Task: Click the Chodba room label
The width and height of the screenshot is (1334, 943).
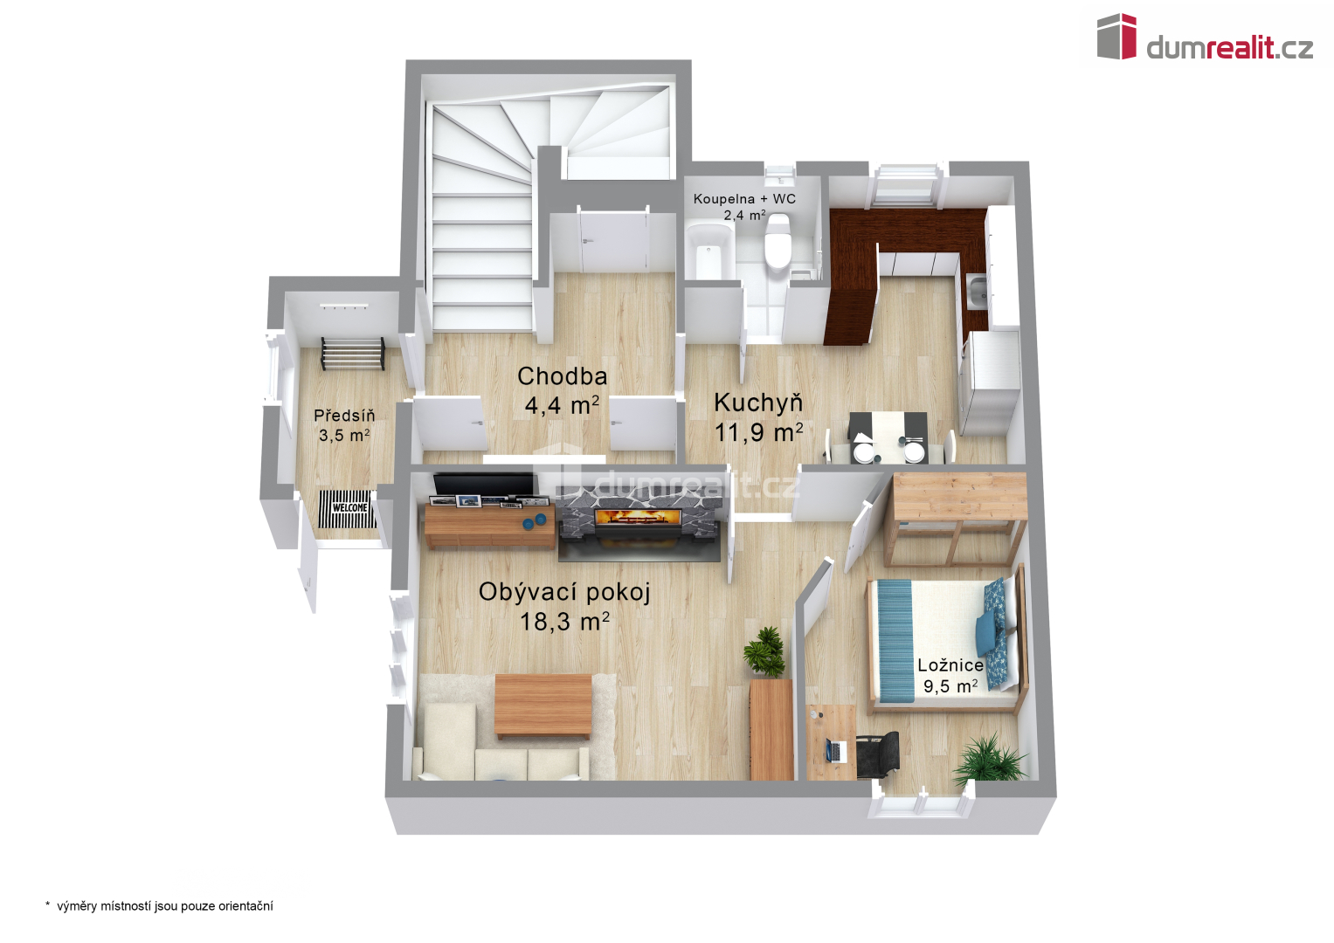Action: (563, 376)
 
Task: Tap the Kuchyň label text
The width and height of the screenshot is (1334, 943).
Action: (758, 403)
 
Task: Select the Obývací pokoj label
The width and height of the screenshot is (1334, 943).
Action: (564, 592)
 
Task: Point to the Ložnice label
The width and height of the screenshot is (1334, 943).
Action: (950, 665)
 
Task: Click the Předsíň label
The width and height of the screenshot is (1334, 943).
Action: (344, 415)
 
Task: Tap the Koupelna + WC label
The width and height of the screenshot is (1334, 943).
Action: (744, 199)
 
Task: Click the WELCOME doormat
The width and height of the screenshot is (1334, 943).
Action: (348, 508)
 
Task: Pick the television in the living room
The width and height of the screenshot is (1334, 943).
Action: (484, 484)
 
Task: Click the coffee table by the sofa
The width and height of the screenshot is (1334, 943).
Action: (543, 706)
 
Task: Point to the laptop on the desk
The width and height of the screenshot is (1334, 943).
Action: (837, 750)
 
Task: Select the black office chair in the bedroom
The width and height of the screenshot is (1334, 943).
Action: (877, 753)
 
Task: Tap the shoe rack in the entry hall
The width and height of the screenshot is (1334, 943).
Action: (353, 354)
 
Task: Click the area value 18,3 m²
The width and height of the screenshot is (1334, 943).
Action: (564, 622)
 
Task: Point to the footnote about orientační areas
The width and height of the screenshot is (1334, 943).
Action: (159, 906)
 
